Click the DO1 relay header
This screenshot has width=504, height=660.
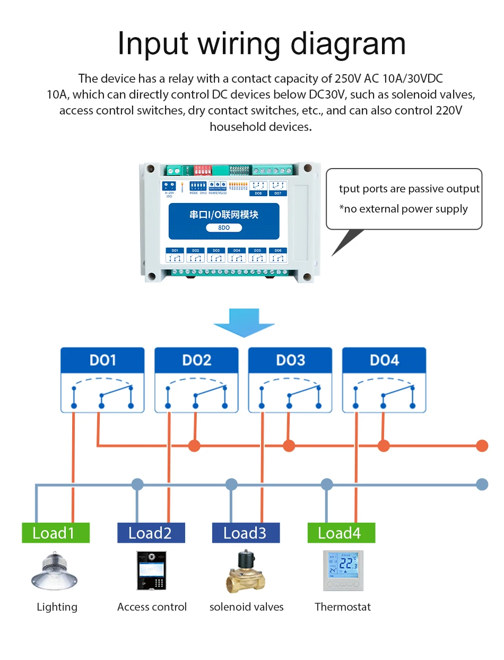pyautogui.click(x=102, y=360)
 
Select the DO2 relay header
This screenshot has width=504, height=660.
pyautogui.click(x=196, y=360)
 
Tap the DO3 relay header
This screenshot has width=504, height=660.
pyautogui.click(x=290, y=360)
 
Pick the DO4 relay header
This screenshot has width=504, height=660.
pyautogui.click(x=384, y=360)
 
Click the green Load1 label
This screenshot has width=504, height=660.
pyautogui.click(x=55, y=533)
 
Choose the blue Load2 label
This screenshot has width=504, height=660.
pyautogui.click(x=151, y=533)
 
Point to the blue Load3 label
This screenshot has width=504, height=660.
pyautogui.click(x=246, y=533)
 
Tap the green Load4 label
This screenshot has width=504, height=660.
pyautogui.click(x=341, y=533)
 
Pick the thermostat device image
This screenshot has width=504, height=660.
pyautogui.click(x=342, y=571)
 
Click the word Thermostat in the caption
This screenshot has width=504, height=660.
pyautogui.click(x=343, y=607)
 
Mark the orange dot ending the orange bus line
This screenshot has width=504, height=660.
pyautogui.click(x=482, y=445)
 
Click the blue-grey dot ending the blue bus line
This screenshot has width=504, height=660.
pyautogui.click(x=482, y=484)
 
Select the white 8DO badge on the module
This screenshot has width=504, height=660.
pyautogui.click(x=224, y=227)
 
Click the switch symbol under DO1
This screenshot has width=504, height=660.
pyautogui.click(x=102, y=393)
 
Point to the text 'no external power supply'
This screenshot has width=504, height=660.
pyautogui.click(x=406, y=209)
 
